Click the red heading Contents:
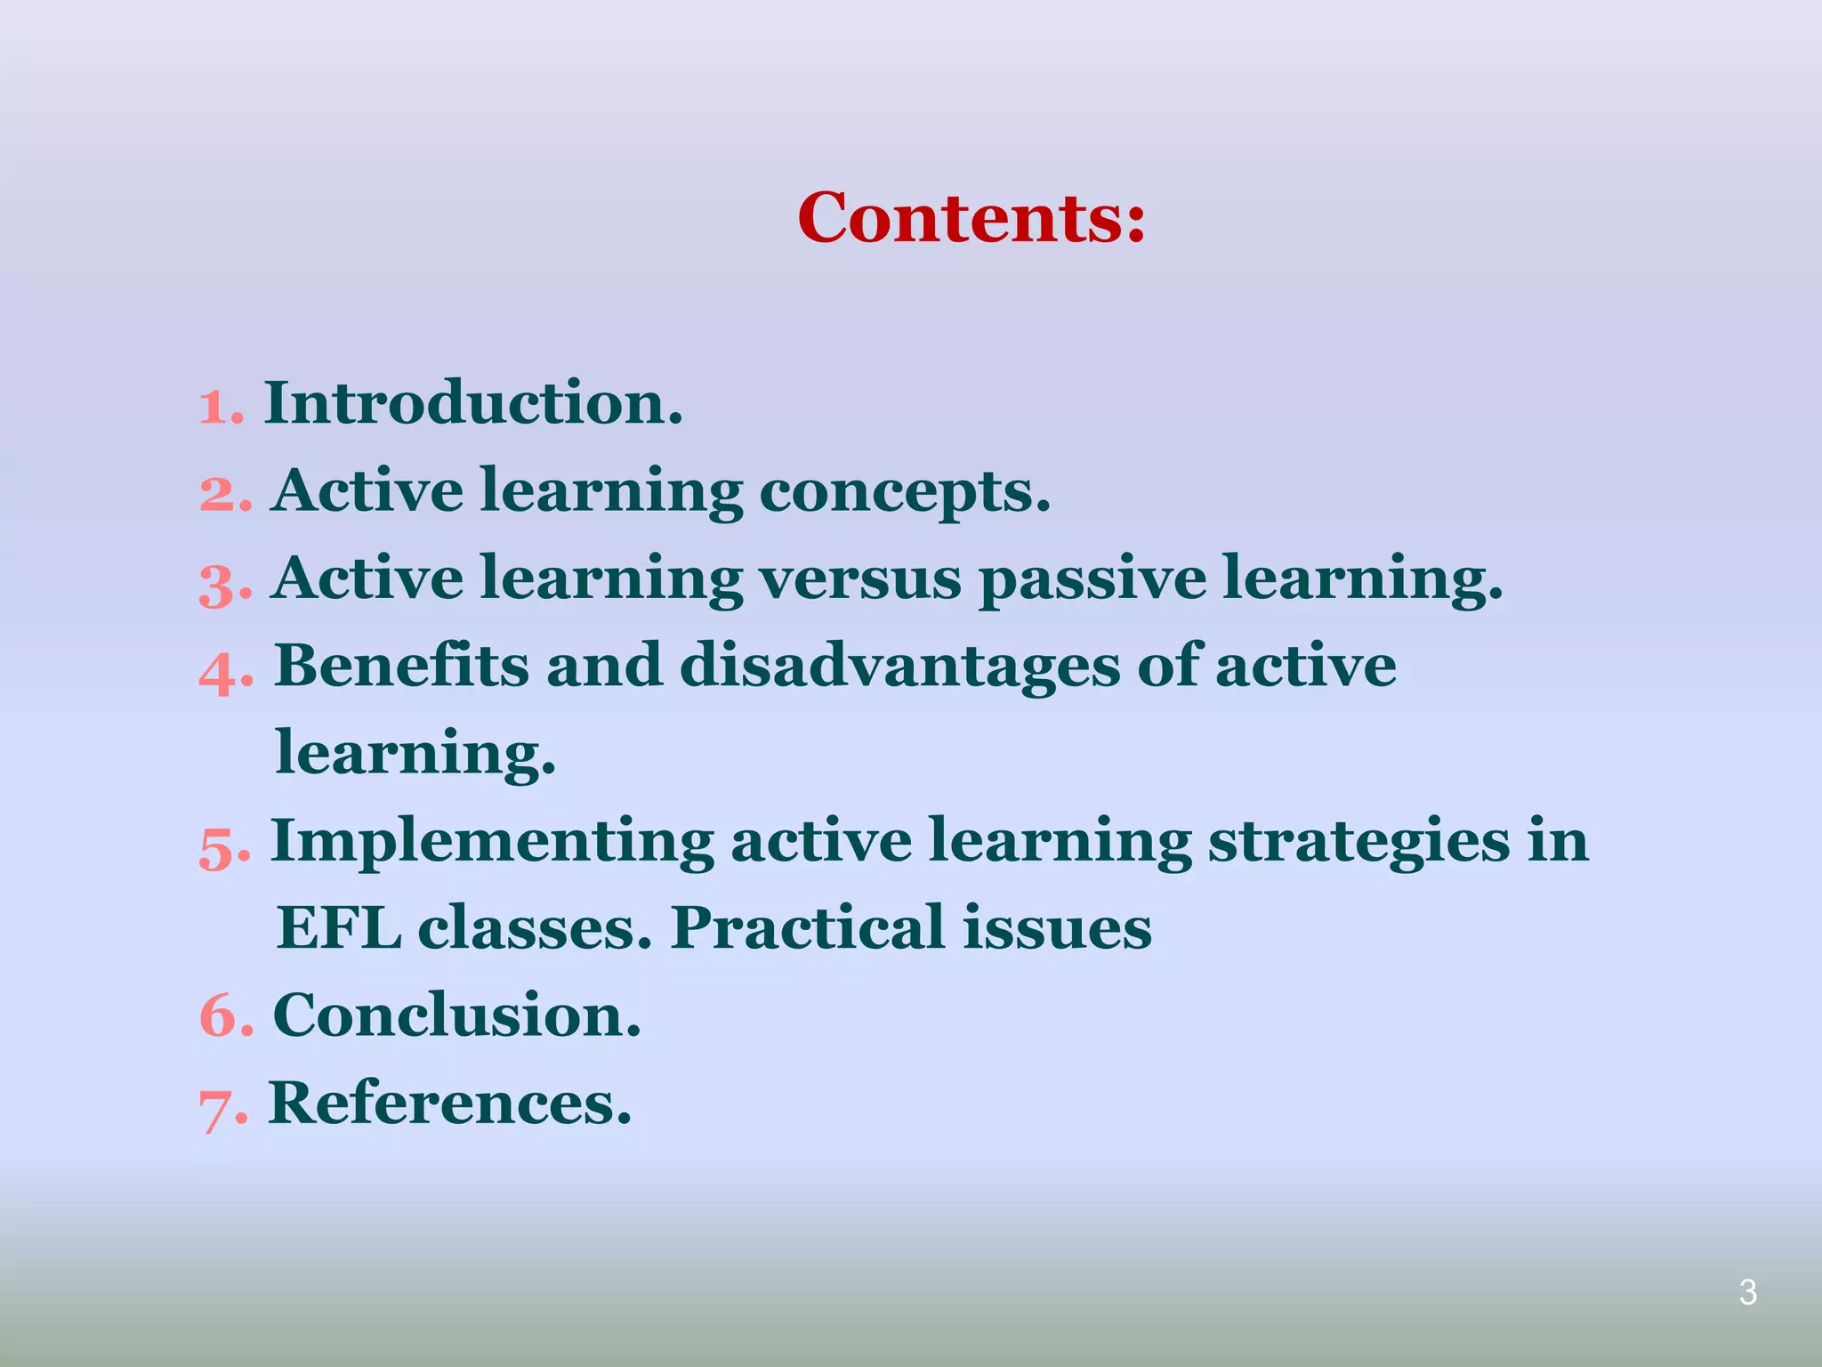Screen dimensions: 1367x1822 click(971, 217)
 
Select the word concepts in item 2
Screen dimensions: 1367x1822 click(904, 491)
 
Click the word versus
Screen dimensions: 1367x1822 click(859, 578)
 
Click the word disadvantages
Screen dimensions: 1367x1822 click(899, 667)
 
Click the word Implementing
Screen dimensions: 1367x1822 click(491, 843)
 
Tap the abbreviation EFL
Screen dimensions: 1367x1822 click(338, 928)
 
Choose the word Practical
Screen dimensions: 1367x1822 click(807, 928)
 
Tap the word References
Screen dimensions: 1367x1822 click(449, 1103)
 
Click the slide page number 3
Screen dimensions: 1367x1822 click(1747, 1292)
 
